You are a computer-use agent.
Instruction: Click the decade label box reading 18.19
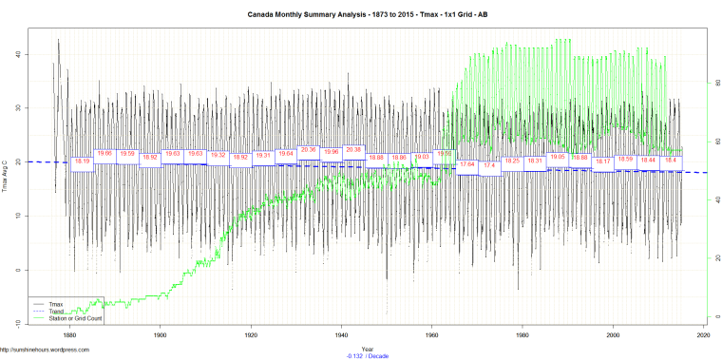point(83,161)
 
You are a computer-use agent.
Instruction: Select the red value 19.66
point(104,153)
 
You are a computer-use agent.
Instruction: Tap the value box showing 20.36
point(308,149)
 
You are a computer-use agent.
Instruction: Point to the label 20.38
point(353,149)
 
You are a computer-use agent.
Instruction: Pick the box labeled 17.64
point(467,164)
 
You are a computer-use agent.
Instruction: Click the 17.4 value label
point(489,165)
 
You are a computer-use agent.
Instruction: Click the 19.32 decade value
point(218,155)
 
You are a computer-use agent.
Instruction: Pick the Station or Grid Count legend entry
point(75,316)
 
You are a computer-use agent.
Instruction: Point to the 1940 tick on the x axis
point(341,335)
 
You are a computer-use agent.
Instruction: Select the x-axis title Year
point(367,347)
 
